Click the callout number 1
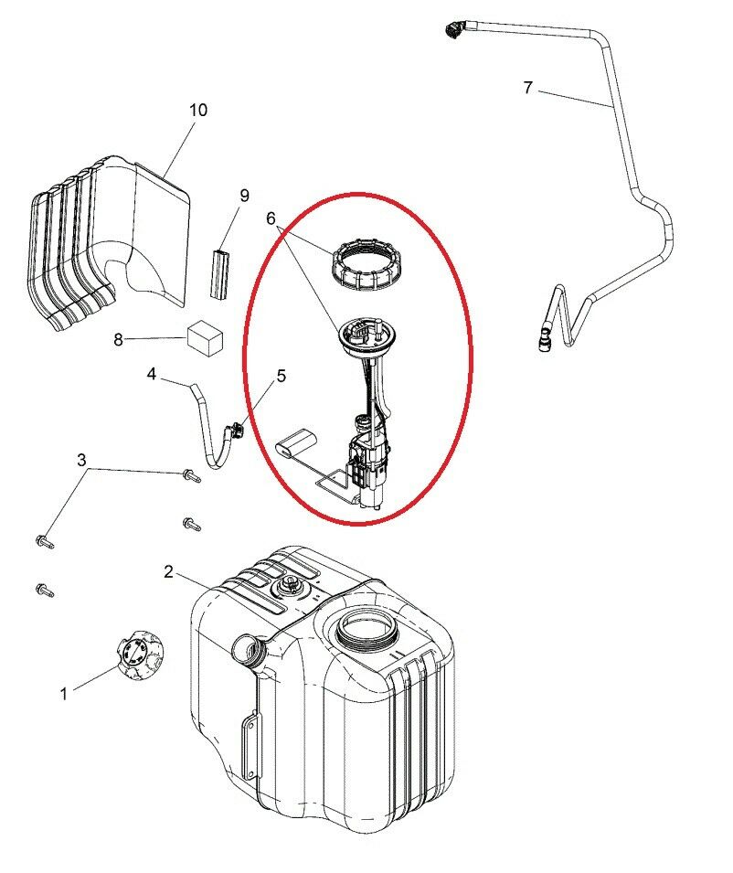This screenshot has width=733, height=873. coord(64,694)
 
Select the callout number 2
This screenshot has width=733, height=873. coord(169,571)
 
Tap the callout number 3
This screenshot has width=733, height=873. coord(82,460)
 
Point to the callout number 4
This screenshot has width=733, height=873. coord(152,373)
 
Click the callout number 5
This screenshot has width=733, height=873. coord(281,376)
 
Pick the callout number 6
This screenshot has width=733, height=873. coord(271,218)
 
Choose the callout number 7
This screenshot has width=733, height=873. coord(528,88)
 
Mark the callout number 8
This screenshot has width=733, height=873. coord(118,340)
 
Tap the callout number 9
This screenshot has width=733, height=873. coord(244,195)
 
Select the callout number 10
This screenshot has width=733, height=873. coord(198,110)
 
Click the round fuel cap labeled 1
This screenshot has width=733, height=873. coord(140,655)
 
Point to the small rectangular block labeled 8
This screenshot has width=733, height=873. coord(206,337)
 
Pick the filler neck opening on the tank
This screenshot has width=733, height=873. coord(247,650)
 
